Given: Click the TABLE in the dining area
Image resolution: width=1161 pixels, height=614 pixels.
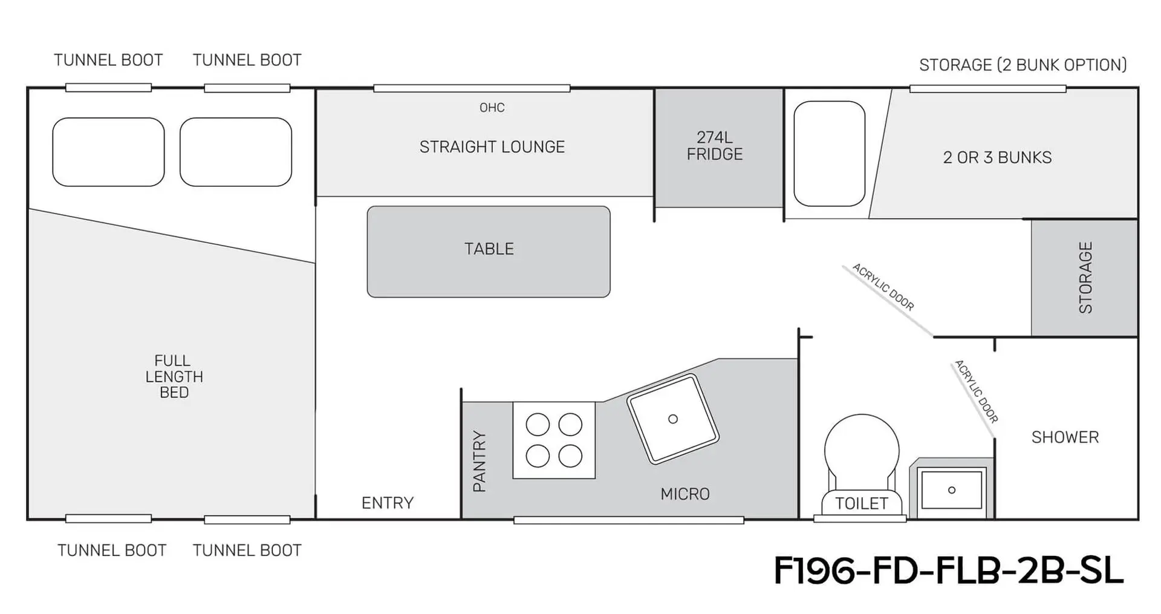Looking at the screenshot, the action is coord(489,252).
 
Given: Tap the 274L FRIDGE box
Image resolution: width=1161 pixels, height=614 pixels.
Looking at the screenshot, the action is coord(720,148).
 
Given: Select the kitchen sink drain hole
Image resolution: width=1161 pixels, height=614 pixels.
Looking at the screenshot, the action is coord(673,419).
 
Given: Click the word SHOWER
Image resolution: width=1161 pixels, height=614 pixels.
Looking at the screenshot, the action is coord(1065,437).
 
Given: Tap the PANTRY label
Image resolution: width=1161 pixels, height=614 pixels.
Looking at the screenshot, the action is coord(480,461).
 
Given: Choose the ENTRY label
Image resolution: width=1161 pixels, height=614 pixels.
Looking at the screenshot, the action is coord(388,503).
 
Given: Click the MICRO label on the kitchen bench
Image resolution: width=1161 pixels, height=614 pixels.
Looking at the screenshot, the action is coord(685,494).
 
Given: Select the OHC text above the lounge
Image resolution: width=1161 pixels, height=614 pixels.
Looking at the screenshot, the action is coord(492,108).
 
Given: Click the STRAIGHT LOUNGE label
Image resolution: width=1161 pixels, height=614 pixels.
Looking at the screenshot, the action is coord(492,147).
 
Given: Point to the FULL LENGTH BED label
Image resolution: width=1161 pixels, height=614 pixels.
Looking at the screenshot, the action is coord(174,376).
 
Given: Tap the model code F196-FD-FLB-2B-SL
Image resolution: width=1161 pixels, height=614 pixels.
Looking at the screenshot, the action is coord(949,570).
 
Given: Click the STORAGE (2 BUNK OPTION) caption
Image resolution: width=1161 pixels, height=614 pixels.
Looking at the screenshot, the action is coord(1023,65).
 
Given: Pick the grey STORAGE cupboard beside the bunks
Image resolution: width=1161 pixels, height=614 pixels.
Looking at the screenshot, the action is coord(1084,278).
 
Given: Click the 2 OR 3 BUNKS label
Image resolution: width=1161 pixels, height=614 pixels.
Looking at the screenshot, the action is coord(997,157).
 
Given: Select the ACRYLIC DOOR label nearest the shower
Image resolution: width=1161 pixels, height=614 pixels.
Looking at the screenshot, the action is coord(976,391).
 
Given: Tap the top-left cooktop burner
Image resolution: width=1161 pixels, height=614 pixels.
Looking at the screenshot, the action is coord(538,425).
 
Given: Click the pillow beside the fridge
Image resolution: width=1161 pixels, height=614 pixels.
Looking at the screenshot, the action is coord(829,154).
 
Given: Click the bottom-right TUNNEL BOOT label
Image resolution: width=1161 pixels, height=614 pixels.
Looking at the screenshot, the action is coord(247,550).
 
